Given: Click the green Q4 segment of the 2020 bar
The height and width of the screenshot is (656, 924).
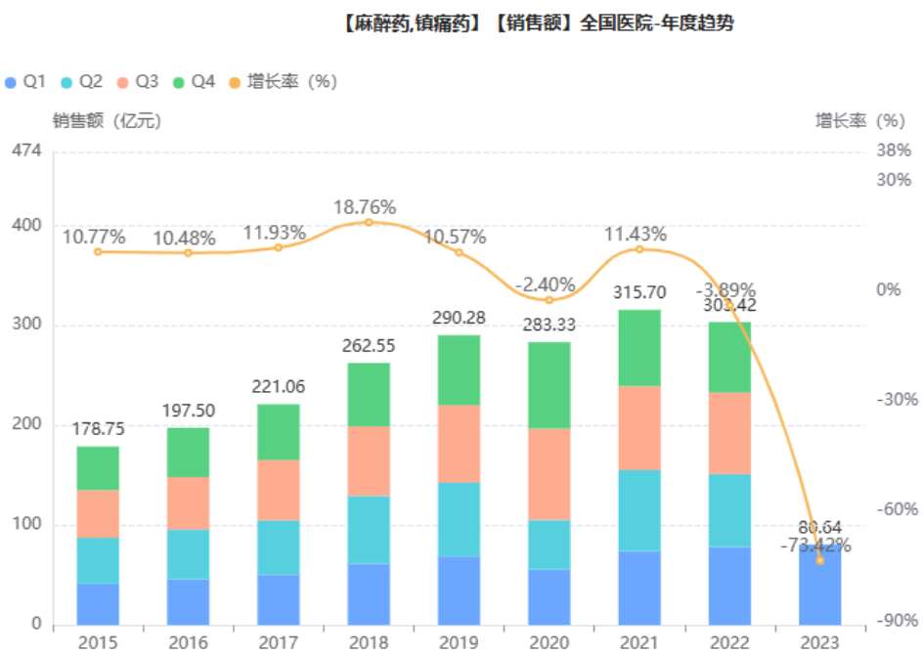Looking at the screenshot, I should click(549, 384).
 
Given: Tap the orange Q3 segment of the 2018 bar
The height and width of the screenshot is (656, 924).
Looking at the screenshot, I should click(369, 460).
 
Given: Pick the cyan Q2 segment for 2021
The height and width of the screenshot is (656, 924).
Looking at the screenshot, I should click(639, 510).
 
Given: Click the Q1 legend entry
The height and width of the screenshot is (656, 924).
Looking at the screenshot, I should click(26, 82).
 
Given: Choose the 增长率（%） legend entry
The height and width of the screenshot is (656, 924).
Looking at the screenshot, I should click(282, 82).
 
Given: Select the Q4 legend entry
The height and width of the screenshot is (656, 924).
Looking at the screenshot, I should click(195, 82).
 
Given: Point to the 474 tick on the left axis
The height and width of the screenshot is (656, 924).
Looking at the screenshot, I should click(26, 151).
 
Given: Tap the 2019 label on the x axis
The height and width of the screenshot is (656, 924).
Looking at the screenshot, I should click(459, 641).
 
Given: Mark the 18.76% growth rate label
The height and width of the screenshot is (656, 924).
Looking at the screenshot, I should click(365, 207).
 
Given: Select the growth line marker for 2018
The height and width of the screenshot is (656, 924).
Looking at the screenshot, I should click(369, 223).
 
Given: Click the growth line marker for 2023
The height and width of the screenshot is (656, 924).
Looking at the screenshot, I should click(819, 560).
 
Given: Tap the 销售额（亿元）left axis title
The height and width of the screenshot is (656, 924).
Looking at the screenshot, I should click(107, 121).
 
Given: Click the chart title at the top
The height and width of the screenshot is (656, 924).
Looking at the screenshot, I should click(538, 23).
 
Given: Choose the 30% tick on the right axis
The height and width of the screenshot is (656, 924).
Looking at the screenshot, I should click(894, 180).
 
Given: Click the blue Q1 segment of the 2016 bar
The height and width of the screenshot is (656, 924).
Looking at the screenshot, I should click(189, 601).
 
